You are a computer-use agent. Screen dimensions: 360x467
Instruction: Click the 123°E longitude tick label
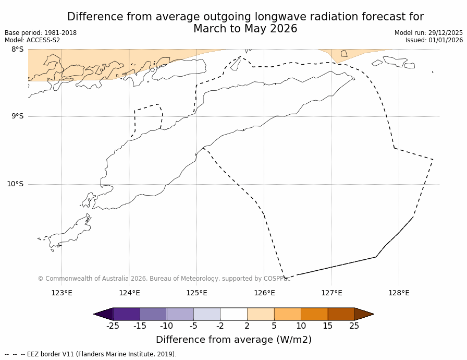pos(62,293)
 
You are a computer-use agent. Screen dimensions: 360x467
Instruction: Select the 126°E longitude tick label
pos(264,293)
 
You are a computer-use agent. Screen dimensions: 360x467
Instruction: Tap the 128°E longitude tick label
pos(399,293)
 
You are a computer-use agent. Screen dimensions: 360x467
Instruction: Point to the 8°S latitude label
pos(17,49)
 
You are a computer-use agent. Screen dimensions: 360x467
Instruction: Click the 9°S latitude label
pos(17,116)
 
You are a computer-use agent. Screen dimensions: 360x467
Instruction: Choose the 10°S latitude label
pos(15,184)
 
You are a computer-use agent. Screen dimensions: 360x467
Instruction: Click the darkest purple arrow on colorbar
pos(103,314)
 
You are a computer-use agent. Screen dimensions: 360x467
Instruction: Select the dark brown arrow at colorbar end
pos(364,314)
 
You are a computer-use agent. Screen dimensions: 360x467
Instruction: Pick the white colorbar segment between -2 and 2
pos(234,314)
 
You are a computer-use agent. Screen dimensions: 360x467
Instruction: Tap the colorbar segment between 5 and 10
pos(288,314)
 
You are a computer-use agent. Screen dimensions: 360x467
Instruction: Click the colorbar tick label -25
pos(113,326)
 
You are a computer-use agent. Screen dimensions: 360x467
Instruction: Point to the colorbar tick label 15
pos(327,326)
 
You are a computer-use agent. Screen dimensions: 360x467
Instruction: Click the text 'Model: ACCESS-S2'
pos(32,40)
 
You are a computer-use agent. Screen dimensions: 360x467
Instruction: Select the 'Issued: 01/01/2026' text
pos(434,40)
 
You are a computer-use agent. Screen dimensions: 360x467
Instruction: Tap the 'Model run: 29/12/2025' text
pos(428,33)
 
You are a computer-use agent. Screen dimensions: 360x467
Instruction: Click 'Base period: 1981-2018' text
pos(41,33)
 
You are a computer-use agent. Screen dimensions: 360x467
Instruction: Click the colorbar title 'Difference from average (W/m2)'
pos(233,340)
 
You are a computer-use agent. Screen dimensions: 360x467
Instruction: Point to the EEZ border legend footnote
pos(91,354)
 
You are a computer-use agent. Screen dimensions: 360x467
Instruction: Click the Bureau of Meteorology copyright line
pos(164,279)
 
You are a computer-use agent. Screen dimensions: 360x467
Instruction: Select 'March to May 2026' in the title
pos(245,29)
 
